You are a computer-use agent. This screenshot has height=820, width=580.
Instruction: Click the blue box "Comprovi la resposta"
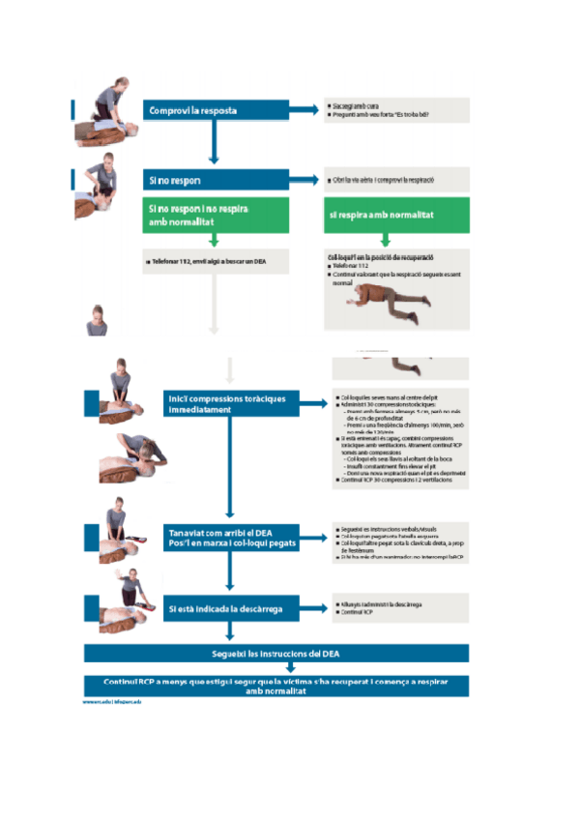click(x=215, y=111)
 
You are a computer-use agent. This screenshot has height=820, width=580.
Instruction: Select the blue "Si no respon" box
click(x=215, y=180)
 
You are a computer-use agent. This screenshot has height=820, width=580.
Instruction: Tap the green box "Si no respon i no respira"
click(x=215, y=215)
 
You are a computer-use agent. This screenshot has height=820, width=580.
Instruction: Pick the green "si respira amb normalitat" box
click(x=397, y=215)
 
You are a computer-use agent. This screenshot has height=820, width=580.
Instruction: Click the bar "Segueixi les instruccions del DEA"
click(x=275, y=654)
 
